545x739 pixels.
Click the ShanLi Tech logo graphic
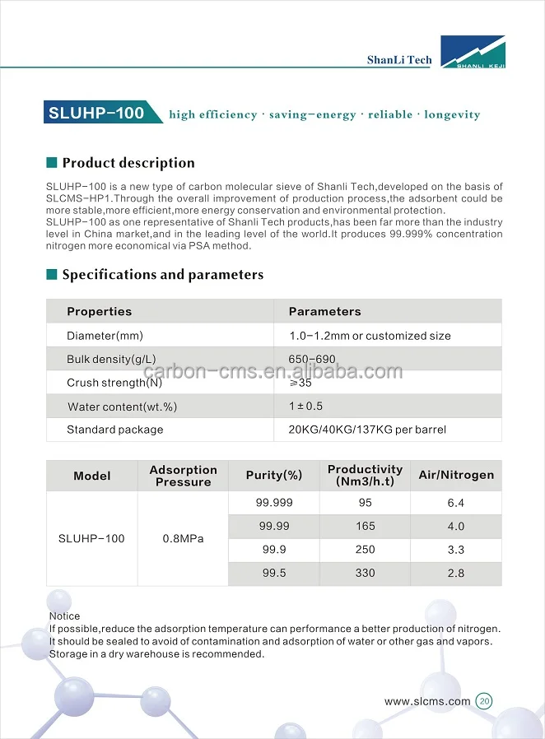point(473,52)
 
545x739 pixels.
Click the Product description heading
point(128,163)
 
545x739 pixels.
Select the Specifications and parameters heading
point(162,275)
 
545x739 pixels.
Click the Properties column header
point(100,312)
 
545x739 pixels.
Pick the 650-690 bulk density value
point(312,360)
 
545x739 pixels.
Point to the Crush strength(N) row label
point(115,383)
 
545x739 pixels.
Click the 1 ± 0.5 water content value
point(305,407)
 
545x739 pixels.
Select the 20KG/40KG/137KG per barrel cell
point(367,430)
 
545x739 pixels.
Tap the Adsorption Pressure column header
point(183,476)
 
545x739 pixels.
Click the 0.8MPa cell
point(183,539)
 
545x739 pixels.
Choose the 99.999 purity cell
point(274,503)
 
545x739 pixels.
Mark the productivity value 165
point(365,526)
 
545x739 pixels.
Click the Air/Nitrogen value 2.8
point(456,573)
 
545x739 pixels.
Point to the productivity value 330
point(365,573)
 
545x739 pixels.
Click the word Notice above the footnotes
point(65,616)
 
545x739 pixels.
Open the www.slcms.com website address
point(427,702)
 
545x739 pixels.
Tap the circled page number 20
point(484,702)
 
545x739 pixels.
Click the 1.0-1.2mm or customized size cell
point(370,336)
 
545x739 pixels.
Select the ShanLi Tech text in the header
point(399,60)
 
